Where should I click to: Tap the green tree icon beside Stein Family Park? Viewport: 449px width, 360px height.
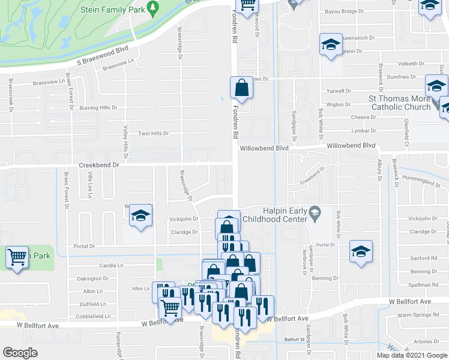(152, 7)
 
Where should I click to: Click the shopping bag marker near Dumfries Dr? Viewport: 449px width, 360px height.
(241, 88)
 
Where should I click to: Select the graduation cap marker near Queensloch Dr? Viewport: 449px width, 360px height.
(330, 45)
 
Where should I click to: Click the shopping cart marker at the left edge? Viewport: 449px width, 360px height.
(17, 257)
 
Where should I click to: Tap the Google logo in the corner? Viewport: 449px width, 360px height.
(20, 353)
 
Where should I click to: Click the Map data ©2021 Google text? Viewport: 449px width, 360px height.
(411, 355)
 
